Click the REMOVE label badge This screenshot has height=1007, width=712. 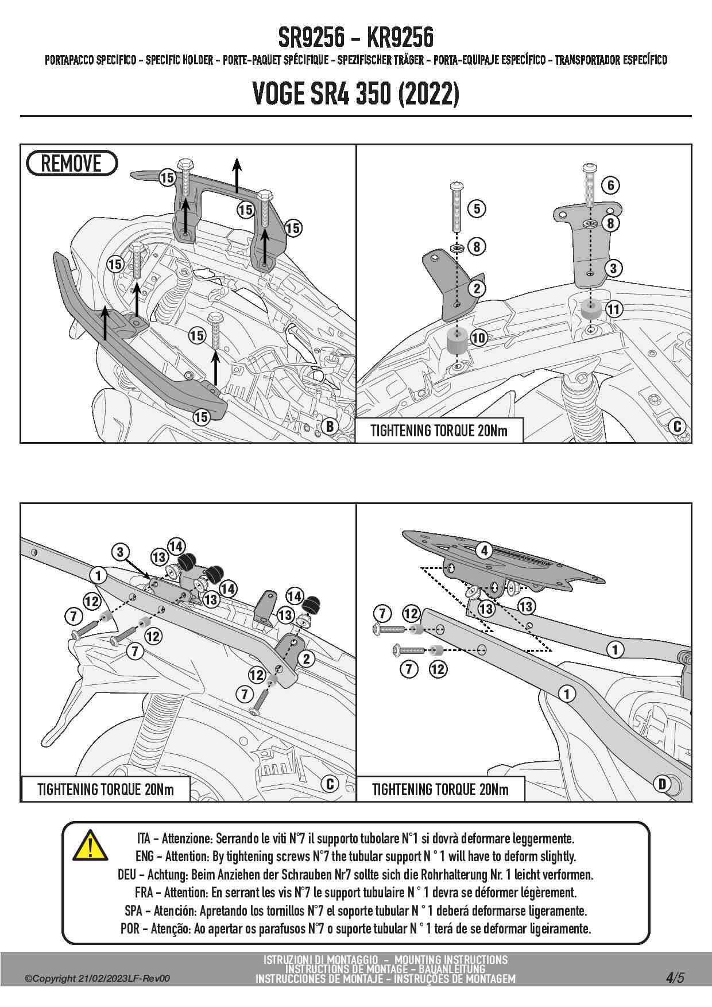[x=72, y=164]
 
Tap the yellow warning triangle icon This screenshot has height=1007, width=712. [x=90, y=845]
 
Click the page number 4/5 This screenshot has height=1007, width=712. [x=675, y=977]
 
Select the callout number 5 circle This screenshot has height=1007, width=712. [x=477, y=208]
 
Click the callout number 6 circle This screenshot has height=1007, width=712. [x=611, y=185]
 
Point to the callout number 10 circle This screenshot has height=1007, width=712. [x=478, y=338]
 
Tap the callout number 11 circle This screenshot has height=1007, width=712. [x=614, y=309]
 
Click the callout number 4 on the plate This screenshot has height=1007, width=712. [x=484, y=551]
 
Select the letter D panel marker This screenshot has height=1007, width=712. [x=662, y=784]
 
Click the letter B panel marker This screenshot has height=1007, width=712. [x=330, y=426]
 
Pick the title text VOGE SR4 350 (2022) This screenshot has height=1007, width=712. [x=355, y=94]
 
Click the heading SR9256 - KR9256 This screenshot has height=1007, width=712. [x=355, y=38]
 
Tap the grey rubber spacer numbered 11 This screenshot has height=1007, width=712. [x=590, y=309]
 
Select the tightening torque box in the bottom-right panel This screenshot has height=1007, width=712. [x=440, y=789]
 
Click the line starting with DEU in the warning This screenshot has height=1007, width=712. [x=355, y=874]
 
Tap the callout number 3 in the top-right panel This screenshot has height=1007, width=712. [x=613, y=268]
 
